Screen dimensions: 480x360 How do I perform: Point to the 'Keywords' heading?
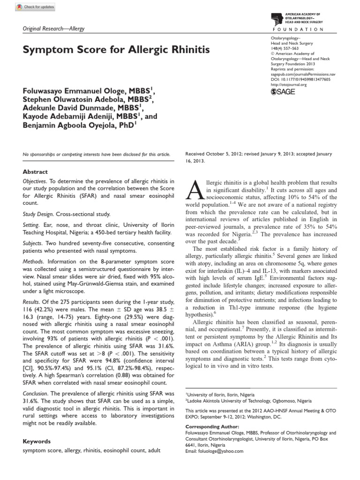click(37, 441)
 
